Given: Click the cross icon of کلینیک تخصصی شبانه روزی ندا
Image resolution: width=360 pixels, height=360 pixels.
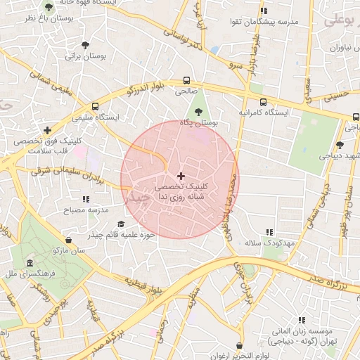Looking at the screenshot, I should point(181,175).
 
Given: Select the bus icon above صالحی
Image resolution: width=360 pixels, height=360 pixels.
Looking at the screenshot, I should point(186,80).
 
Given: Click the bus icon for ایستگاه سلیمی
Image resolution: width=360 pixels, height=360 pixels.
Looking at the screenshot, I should point(96,106).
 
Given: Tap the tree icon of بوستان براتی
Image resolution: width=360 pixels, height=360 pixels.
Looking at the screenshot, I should point(85,45).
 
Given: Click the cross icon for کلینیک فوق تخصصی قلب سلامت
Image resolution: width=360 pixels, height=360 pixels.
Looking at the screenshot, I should point(47,130).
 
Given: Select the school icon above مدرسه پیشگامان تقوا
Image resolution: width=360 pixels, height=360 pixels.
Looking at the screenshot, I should point(263,11).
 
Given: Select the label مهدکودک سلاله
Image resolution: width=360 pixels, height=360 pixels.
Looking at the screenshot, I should point(269,243).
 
